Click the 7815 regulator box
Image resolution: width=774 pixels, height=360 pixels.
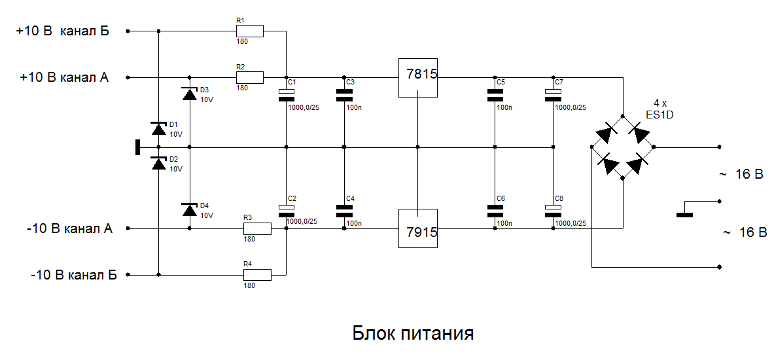coord(417,77)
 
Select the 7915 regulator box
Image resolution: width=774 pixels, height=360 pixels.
coord(417,228)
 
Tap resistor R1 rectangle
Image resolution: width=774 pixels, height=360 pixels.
coord(250,31)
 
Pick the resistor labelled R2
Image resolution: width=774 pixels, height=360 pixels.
coord(250,77)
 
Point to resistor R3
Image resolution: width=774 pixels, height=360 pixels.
coord(257,228)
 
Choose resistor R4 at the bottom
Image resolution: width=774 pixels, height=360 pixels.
coord(257,274)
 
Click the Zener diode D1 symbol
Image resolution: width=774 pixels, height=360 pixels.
coord(158,129)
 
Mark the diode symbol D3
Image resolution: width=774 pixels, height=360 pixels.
coord(190,95)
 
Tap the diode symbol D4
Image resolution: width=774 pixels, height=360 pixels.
coord(190,209)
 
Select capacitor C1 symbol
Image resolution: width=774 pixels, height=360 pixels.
coord(287,96)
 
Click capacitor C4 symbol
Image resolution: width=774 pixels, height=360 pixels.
coord(344,211)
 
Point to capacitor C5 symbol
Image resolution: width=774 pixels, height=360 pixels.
coord(495,96)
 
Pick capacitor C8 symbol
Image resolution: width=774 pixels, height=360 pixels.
coord(554,211)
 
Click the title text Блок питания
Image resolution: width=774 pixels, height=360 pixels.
coord(413,333)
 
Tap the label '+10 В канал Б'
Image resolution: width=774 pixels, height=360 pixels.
coord(62,31)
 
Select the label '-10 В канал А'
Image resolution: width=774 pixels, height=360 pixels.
coord(69,229)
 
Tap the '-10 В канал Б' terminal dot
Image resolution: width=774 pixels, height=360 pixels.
coord(128,274)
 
